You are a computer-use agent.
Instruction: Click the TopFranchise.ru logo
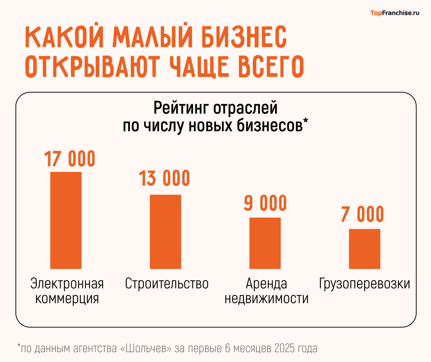395,13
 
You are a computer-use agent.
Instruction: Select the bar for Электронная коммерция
66,220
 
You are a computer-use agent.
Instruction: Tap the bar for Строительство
165,232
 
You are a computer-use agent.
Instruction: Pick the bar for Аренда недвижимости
265,243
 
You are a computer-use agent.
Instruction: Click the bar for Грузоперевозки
365,249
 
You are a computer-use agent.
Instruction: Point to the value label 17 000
70,159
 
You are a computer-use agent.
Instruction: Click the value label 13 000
164,178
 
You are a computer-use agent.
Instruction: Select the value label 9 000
265,203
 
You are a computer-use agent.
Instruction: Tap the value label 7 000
363,214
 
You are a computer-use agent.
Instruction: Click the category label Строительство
167,284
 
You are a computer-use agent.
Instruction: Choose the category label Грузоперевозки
365,284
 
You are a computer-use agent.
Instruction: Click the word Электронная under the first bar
67,284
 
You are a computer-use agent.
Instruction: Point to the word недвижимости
267,299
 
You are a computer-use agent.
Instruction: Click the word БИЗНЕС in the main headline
244,37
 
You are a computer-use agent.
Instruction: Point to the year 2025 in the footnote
285,348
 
